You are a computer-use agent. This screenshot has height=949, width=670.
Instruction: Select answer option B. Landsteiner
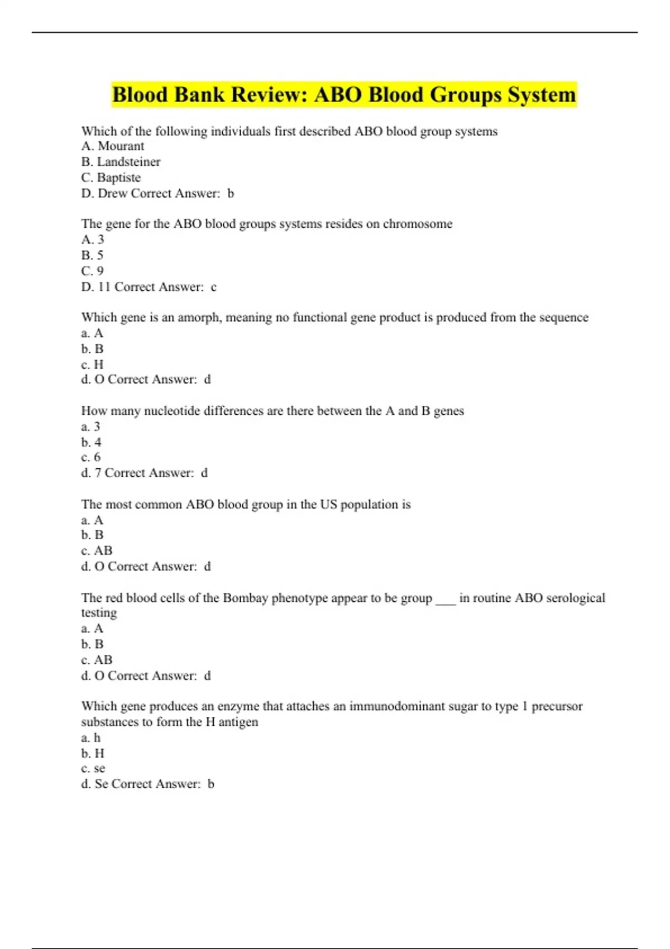(121, 162)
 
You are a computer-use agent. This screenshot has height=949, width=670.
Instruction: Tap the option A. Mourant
(113, 146)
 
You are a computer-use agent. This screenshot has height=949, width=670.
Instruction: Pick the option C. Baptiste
(111, 178)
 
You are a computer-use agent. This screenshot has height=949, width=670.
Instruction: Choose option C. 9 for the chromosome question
(93, 271)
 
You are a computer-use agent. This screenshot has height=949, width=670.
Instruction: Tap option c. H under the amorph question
(93, 365)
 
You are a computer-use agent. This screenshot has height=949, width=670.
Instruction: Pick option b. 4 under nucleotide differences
(92, 443)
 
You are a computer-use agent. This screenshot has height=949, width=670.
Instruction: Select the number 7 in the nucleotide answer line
(98, 473)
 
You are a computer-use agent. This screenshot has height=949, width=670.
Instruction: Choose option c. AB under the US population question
(97, 551)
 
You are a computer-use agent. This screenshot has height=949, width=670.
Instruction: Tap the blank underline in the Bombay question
(446, 601)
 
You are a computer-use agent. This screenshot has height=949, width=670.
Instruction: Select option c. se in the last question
(93, 769)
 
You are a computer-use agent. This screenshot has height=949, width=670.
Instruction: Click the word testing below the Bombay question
(99, 613)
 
